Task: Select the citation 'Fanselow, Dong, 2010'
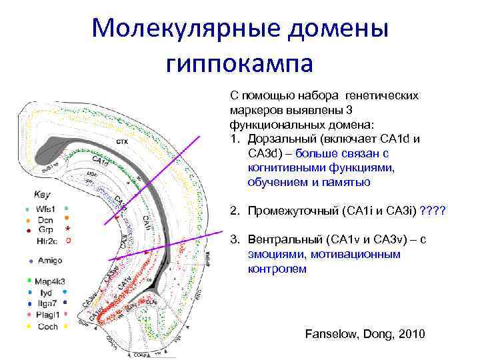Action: [364, 333]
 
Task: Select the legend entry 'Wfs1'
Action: [46, 208]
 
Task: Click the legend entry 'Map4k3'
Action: [50, 281]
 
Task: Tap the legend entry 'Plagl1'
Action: [47, 315]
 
